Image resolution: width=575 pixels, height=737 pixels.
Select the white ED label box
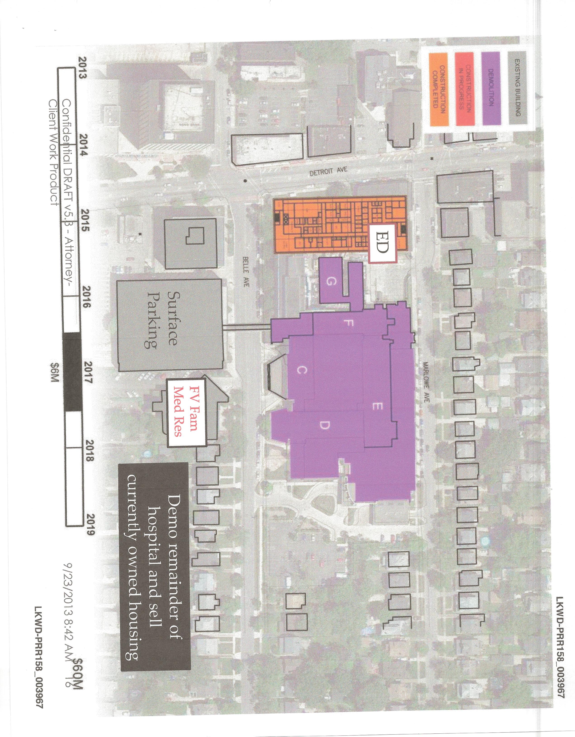pos(382,243)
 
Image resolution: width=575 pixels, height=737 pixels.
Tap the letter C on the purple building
pos(302,371)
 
